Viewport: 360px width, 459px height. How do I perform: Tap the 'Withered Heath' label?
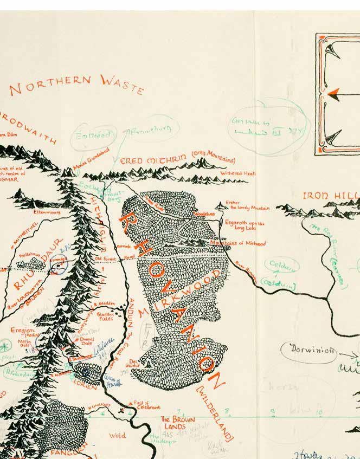click(x=237, y=173)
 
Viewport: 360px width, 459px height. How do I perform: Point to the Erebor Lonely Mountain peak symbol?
click(x=220, y=205)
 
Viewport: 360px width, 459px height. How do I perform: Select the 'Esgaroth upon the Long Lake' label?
click(x=247, y=225)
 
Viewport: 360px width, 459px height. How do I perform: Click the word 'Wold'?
click(x=117, y=435)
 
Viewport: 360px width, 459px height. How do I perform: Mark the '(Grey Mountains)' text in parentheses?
click(x=213, y=159)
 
